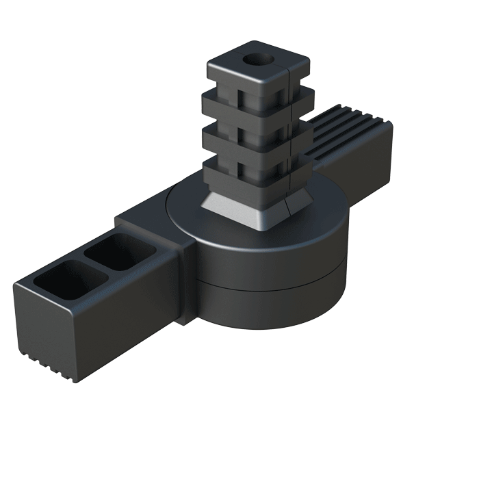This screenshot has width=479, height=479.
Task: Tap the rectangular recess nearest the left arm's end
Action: (x=57, y=277)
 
